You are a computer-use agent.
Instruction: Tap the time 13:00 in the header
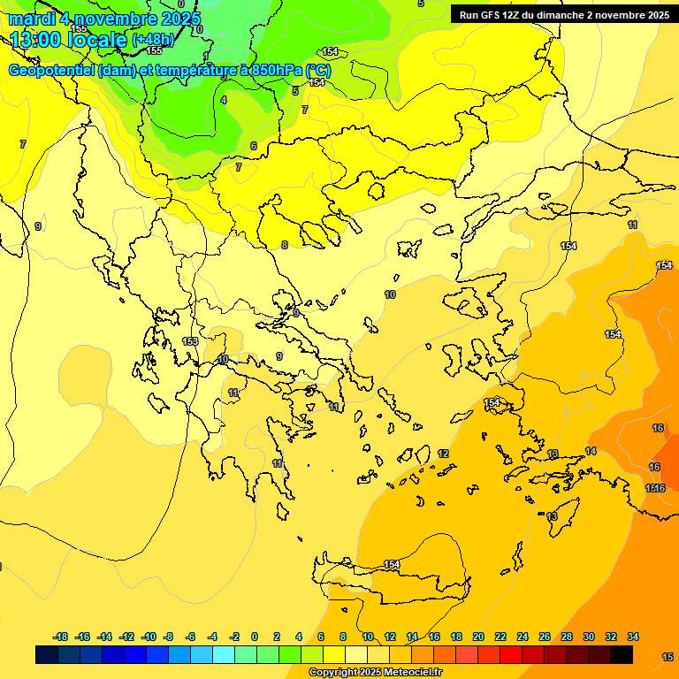pyautogui.click(x=35, y=40)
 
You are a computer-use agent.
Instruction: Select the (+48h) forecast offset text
pyautogui.click(x=152, y=40)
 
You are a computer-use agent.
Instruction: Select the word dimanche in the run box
pyautogui.click(x=581, y=15)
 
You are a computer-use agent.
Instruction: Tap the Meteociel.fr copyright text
pyautogui.click(x=375, y=673)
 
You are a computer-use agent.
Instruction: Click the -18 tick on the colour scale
pyautogui.click(x=61, y=637)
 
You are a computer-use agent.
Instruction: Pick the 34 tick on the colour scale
pyautogui.click(x=633, y=637)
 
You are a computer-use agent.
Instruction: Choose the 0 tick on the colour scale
pyautogui.click(x=255, y=637)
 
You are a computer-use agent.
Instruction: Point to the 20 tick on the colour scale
pyautogui.click(x=478, y=637)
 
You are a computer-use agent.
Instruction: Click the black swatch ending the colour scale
pyautogui.click(x=622, y=654)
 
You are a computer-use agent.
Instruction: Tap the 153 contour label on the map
pyautogui.click(x=190, y=341)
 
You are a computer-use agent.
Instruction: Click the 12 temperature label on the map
pyautogui.click(x=443, y=454)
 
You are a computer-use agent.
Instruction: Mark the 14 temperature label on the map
pyautogui.click(x=591, y=451)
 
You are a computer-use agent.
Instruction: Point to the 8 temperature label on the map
pyautogui.click(x=284, y=245)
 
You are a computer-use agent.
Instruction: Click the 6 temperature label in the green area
pyautogui.click(x=253, y=146)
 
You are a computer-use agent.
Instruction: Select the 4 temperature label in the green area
pyautogui.click(x=224, y=100)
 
